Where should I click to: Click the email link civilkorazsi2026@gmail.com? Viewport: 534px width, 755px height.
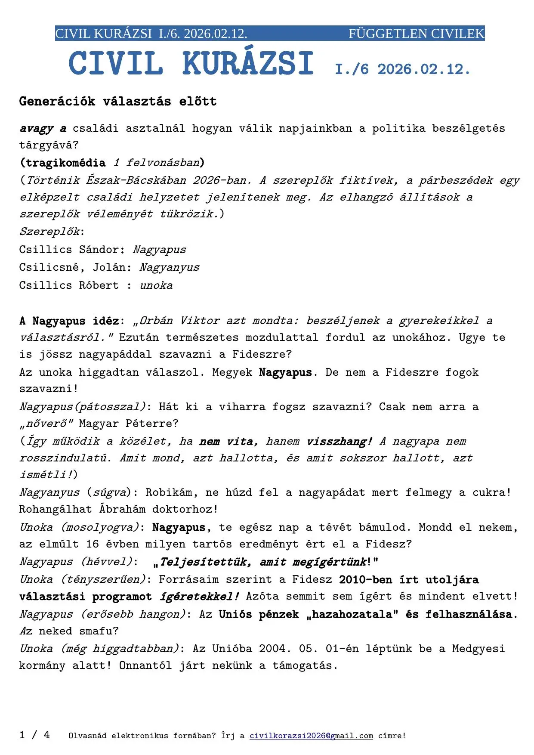[311, 736]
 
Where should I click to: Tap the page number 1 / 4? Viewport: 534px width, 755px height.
[34, 735]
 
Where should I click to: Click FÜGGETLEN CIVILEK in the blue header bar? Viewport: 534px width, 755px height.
[416, 34]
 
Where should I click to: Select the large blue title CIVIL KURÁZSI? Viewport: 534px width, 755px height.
[191, 64]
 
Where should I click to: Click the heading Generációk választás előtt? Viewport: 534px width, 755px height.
[118, 102]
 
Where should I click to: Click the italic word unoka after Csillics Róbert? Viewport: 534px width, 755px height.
[156, 285]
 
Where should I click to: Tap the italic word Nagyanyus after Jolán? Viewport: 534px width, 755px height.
[170, 267]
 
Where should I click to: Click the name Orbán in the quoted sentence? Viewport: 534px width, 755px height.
[156, 321]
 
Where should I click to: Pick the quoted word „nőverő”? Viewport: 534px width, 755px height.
[46, 424]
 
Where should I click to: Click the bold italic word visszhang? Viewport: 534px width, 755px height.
[340, 441]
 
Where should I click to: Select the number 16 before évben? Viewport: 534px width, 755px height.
[93, 544]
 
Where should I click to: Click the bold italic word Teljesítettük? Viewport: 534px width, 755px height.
[206, 562]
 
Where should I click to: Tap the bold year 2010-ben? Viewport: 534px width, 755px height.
[365, 580]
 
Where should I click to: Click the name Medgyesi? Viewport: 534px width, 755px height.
[478, 649]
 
